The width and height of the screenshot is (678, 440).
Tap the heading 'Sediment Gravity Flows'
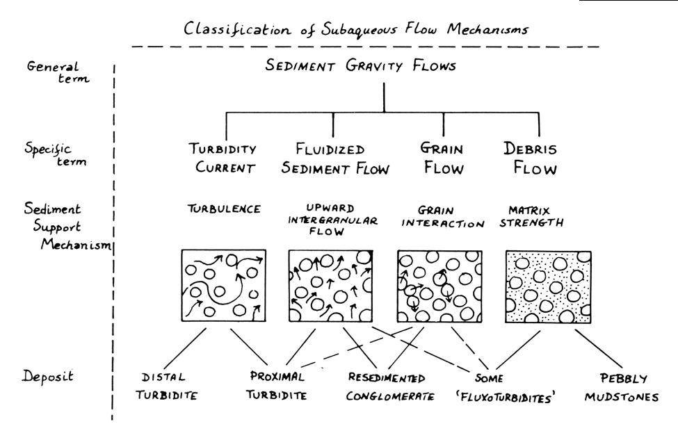pos(385,66)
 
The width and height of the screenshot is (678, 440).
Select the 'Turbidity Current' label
pos(224,158)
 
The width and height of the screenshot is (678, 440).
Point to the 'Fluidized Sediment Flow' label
pos(339,158)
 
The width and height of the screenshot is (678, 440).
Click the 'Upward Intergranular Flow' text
pos(332,220)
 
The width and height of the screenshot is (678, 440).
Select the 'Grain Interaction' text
pos(442,216)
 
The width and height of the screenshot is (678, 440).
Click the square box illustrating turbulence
pos(224,286)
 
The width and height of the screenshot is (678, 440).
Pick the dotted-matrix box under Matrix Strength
pos(549,286)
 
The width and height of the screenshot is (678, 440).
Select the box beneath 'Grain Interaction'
pos(439,286)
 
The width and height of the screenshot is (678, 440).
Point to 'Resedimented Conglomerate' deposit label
pos(391,387)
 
